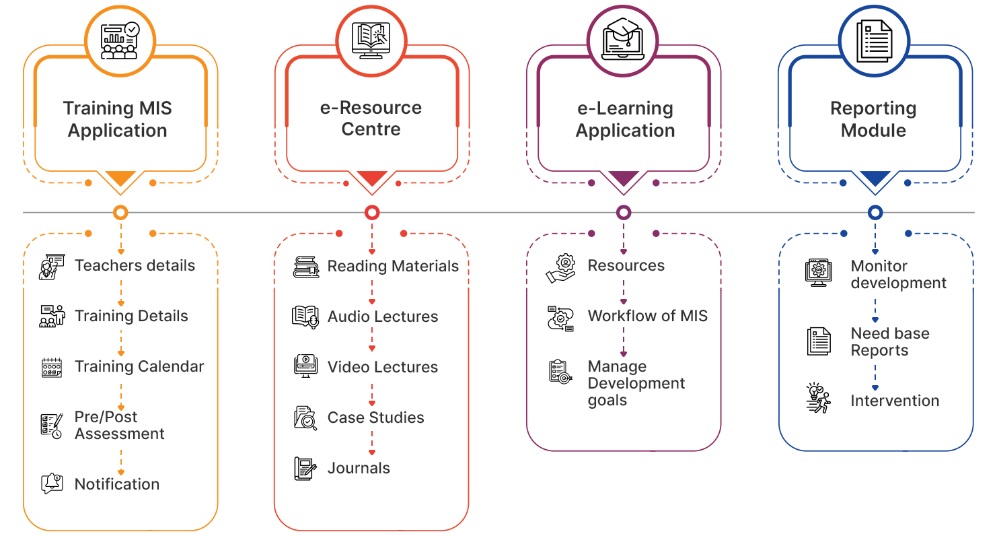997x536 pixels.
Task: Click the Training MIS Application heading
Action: tap(118, 119)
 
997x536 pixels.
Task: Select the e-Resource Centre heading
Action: tap(371, 119)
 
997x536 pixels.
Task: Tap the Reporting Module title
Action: tap(873, 119)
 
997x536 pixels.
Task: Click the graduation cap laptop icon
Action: tap(624, 40)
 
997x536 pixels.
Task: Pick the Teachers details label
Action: tap(135, 265)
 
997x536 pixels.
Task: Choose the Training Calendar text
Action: tap(139, 366)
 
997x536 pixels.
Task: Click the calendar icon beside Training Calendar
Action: tap(52, 367)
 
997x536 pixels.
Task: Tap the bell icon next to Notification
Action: tap(52, 483)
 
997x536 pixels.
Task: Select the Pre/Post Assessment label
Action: tap(119, 425)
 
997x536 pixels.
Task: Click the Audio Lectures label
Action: tap(383, 316)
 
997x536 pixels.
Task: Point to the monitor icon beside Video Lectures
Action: tap(305, 366)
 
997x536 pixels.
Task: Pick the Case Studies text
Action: tap(375, 417)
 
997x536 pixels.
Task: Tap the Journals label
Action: tap(359, 468)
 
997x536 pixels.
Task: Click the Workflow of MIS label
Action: tap(647, 316)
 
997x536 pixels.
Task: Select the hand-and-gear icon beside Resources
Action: tap(560, 267)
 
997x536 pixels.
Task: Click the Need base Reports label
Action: tap(889, 341)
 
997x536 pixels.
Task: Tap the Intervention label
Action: tap(894, 401)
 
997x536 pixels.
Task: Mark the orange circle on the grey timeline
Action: tap(120, 213)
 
